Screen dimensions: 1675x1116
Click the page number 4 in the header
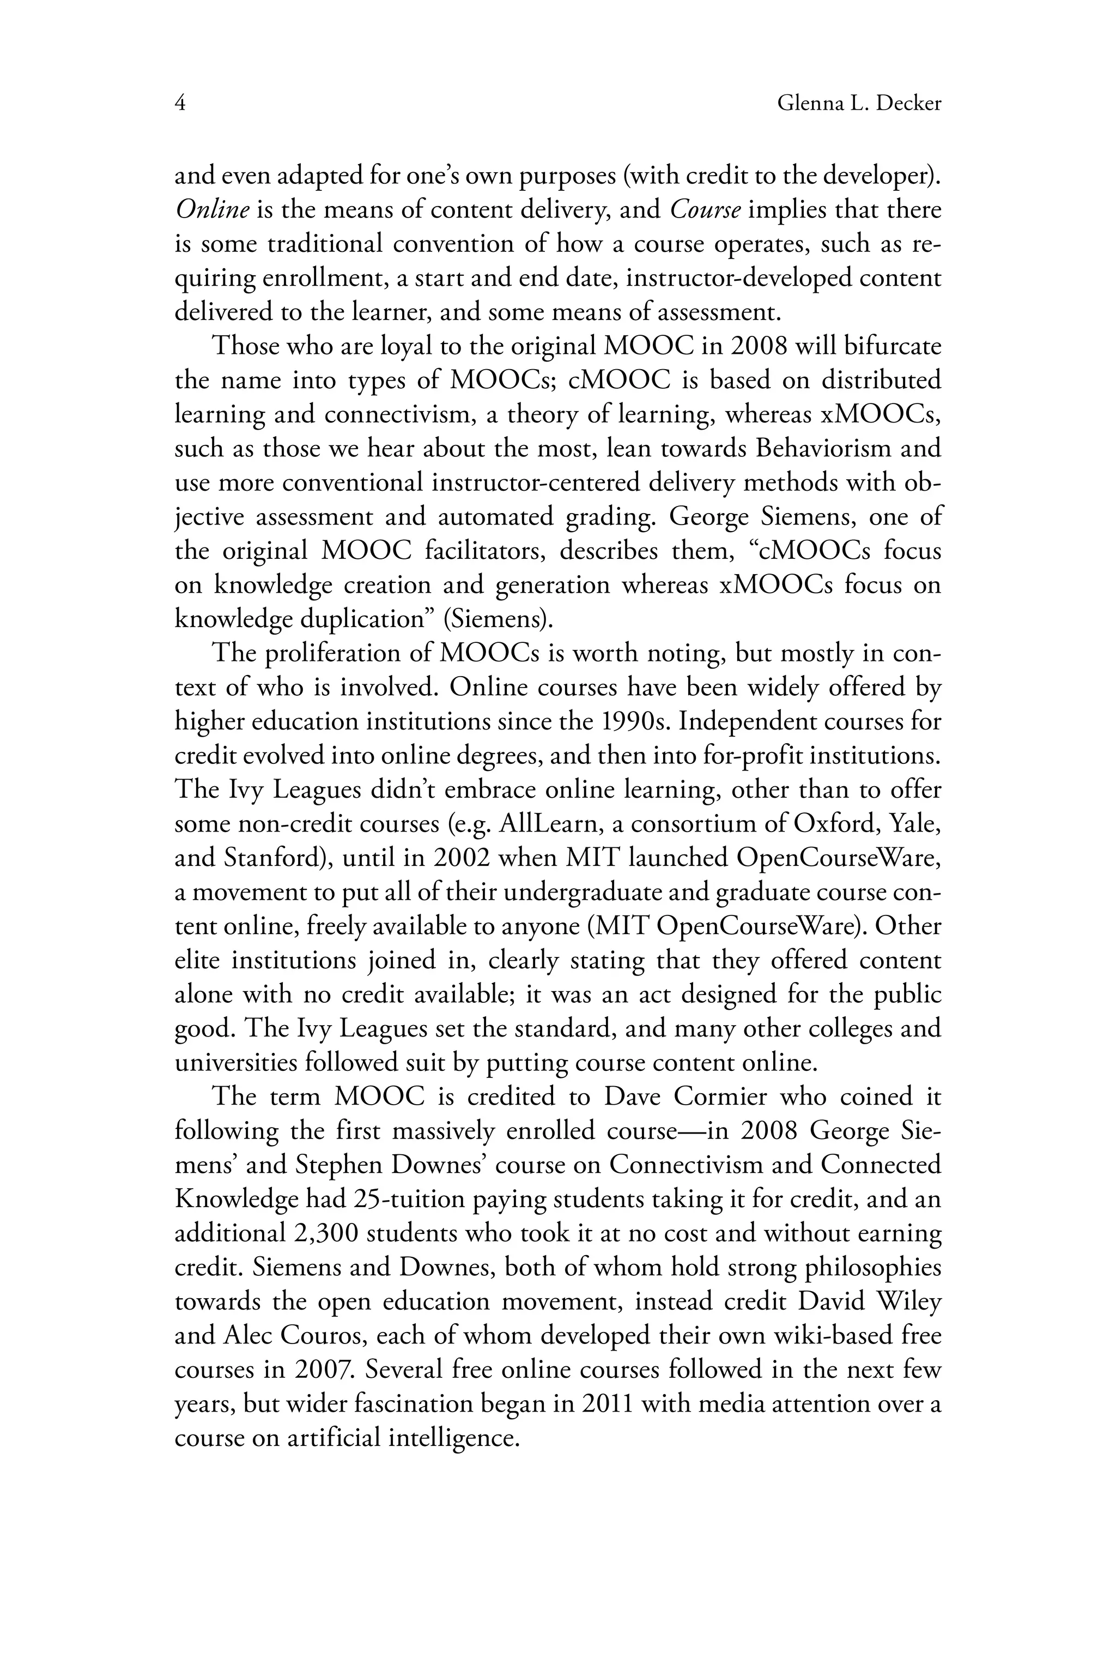[180, 104]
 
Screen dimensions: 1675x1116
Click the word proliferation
[342, 654]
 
